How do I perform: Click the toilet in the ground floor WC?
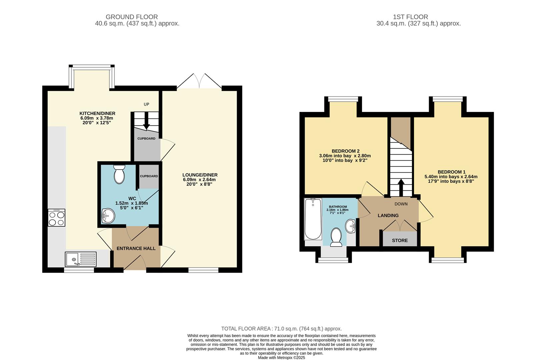[119, 174]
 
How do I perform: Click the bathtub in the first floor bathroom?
[313, 219]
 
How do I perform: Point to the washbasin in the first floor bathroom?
[351, 226]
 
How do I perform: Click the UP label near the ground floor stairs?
[146, 104]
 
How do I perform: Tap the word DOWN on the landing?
[401, 204]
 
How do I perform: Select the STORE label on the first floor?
[400, 240]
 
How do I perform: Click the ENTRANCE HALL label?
[136, 248]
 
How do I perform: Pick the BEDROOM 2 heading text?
[345, 151]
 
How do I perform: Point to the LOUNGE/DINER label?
[200, 175]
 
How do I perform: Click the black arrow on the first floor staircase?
[401, 187]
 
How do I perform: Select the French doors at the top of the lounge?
[199, 81]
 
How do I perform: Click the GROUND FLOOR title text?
[132, 17]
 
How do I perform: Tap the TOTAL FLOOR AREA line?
[281, 329]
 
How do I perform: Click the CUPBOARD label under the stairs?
[146, 138]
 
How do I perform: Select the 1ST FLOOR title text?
[410, 17]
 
